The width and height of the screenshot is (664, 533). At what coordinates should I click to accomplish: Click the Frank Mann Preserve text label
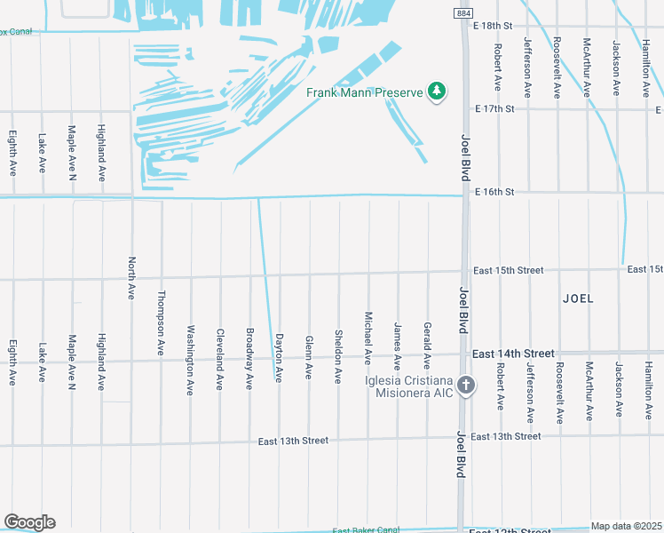[x=364, y=91]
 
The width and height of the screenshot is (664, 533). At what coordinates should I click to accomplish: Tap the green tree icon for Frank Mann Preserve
[x=436, y=91]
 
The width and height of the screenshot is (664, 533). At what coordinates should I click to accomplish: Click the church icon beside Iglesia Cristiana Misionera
[x=466, y=386]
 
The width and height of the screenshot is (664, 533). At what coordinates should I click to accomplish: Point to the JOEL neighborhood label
[x=578, y=298]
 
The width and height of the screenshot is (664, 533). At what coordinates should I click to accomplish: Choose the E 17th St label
[x=495, y=108]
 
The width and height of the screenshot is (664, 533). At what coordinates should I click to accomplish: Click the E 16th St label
[x=495, y=192]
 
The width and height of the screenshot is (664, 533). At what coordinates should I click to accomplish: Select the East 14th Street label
[x=513, y=354]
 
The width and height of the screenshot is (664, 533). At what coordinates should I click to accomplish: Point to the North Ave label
[x=131, y=278]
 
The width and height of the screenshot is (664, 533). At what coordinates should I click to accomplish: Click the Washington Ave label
[x=190, y=360]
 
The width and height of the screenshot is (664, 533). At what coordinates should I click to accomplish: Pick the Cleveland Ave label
[x=219, y=360]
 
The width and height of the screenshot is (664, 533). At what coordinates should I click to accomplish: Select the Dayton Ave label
[x=279, y=358]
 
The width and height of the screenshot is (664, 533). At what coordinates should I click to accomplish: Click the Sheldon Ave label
[x=338, y=356]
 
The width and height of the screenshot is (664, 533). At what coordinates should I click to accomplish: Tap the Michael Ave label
[x=368, y=338]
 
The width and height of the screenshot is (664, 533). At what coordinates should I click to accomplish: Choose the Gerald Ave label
[x=427, y=346]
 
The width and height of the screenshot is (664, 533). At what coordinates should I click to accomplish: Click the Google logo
[x=29, y=522]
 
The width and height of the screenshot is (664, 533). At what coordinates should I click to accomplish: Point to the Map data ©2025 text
[x=627, y=526]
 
